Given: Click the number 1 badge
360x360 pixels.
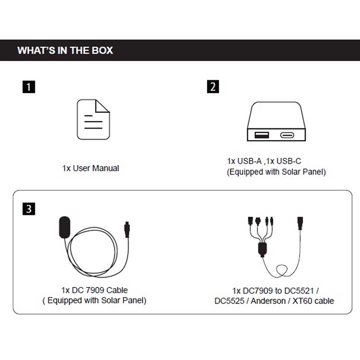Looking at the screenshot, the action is (29, 87).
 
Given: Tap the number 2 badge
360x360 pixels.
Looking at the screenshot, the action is (213, 86).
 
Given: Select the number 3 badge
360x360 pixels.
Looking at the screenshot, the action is (29, 209).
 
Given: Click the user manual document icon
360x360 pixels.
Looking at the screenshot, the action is (93, 119).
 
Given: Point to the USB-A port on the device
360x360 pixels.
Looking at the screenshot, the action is (262, 135).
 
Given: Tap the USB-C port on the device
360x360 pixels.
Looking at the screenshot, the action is (287, 135).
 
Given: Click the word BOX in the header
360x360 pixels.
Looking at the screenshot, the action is (102, 50).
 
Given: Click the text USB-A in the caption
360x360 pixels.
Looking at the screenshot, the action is (249, 161).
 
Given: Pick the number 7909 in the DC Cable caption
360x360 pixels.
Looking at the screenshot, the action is (95, 290).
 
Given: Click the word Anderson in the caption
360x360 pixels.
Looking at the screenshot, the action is (268, 301).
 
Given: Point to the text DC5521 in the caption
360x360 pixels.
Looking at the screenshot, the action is (299, 291).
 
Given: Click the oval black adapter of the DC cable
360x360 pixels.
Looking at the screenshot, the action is (64, 227).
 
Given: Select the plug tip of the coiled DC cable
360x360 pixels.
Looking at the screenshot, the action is (127, 229).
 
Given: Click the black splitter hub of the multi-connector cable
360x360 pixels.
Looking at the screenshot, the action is (262, 249).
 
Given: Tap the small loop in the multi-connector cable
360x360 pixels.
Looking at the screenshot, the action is (282, 270).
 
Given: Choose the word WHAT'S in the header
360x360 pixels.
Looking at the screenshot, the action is (36, 50).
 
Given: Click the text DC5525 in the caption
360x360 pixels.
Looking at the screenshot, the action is (229, 301).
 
